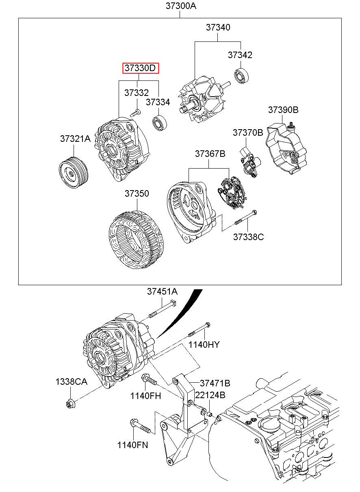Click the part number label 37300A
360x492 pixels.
pos(181,6)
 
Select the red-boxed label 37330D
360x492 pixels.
pos(141,68)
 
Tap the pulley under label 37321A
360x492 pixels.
pos(74,172)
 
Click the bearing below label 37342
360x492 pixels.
pos(242,76)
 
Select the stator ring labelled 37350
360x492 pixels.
pos(136,239)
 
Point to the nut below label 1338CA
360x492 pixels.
pos(70,403)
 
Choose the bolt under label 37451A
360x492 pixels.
pos(163,310)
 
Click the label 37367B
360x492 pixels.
pos(210,154)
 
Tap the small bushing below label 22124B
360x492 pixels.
pos(210,414)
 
